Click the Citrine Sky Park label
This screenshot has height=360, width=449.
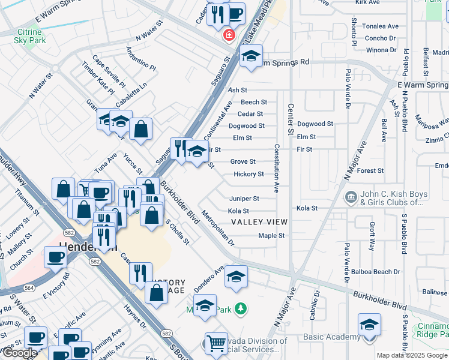[27, 35]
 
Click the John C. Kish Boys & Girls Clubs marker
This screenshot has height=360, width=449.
[351, 196]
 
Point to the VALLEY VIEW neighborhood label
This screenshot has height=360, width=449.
[259, 222]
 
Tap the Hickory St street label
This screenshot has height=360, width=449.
[249, 174]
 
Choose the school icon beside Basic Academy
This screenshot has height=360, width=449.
[369, 325]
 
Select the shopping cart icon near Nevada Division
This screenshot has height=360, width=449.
[216, 344]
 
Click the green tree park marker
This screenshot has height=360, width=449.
[241, 309]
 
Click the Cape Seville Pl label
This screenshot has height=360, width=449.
[108, 70]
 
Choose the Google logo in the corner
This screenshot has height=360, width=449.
[20, 353]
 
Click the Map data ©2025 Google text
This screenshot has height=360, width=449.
[412, 355]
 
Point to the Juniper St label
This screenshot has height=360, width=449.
[244, 198]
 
